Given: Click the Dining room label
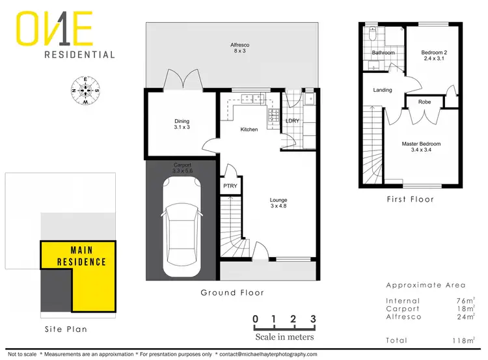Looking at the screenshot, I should pos(182,124).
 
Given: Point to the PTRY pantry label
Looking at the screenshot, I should pos(230,187).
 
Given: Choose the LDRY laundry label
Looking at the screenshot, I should pos(293,122).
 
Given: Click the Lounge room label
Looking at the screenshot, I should pos(279,203).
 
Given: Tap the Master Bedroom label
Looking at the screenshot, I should pos(421,147).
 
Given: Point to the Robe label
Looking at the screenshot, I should pos(424,102).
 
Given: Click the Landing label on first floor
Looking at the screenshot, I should pos(383,90).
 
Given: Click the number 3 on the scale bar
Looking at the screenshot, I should pos(314,319).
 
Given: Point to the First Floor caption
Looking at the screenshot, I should pos(410,199).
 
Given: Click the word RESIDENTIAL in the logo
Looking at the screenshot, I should pos(79,55).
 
